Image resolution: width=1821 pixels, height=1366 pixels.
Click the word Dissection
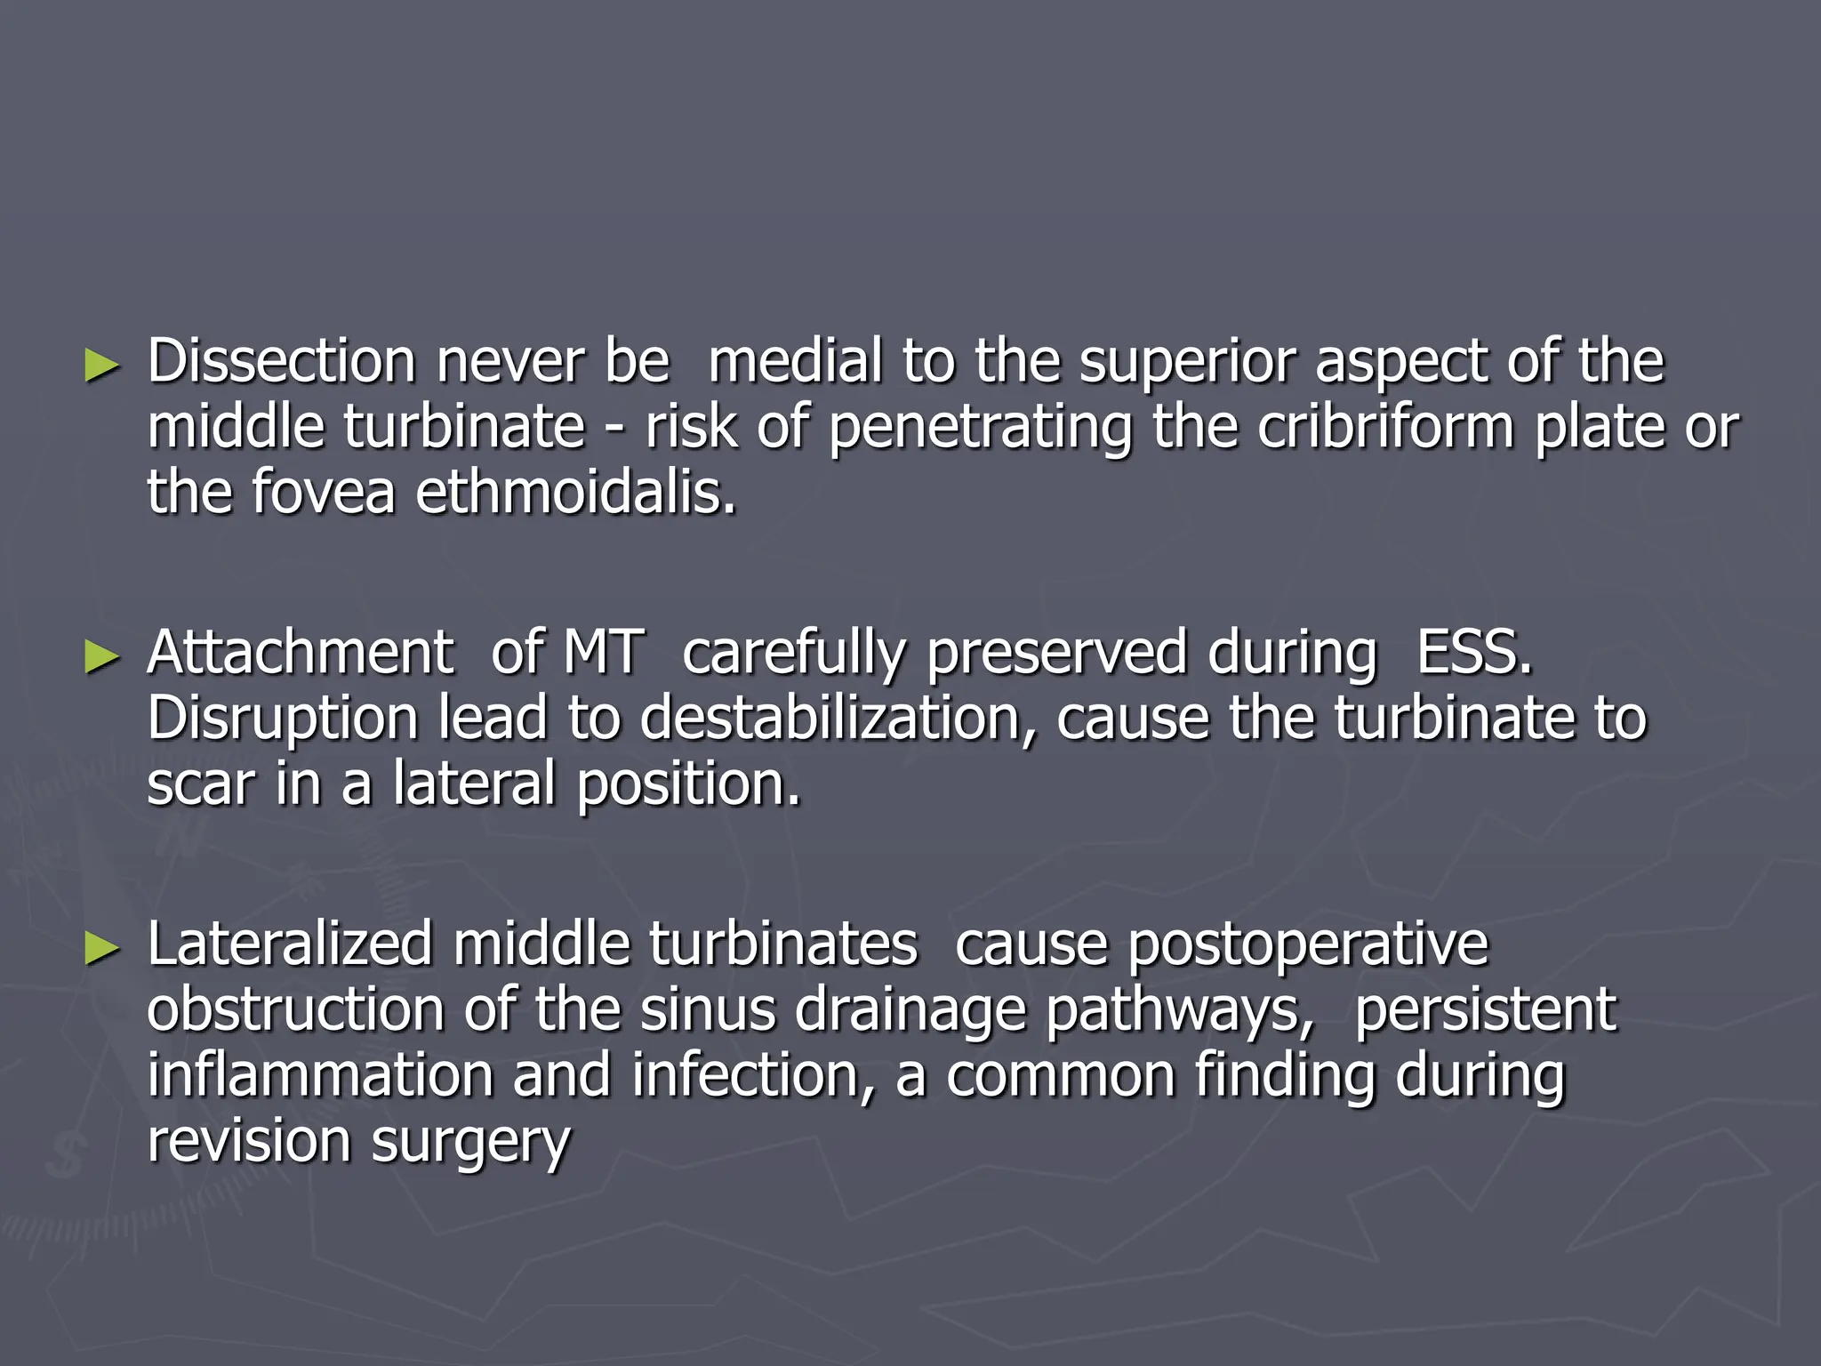coord(281,362)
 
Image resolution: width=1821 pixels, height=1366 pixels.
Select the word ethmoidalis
coord(576,493)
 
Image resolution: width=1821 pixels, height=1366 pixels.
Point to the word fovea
coord(323,493)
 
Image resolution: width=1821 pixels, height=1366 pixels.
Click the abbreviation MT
coord(604,653)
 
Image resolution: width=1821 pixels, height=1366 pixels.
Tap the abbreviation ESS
coord(1474,653)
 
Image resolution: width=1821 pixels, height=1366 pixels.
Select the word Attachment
coord(301,653)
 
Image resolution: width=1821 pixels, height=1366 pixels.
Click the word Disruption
coord(282,719)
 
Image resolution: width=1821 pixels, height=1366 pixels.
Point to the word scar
coord(201,784)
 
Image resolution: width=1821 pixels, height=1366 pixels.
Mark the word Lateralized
coord(290,944)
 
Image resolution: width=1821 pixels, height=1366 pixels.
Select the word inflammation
coord(320,1075)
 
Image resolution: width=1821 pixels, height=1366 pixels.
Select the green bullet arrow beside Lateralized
coord(101,948)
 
